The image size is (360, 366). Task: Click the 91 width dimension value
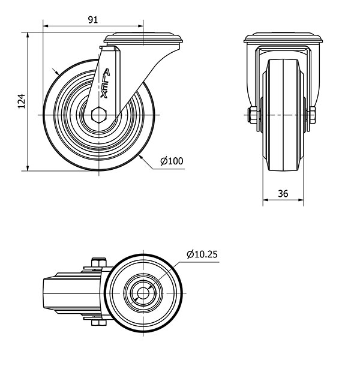(93, 20)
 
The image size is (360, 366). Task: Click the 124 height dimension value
(22, 101)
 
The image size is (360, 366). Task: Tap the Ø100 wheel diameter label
(172, 161)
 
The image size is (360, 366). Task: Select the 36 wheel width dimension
(283, 194)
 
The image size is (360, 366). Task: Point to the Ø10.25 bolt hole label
(202, 254)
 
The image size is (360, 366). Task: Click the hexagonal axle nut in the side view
(99, 115)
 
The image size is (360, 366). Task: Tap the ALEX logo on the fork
(105, 83)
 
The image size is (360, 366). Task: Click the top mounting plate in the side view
(143, 38)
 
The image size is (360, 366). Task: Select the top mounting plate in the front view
(283, 38)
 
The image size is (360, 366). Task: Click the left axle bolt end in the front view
(253, 115)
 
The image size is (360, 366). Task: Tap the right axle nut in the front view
(313, 115)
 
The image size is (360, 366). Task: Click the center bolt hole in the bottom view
(143, 293)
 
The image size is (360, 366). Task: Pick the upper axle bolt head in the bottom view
(99, 262)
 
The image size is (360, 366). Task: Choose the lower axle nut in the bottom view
(99, 323)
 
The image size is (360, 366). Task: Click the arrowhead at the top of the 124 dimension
(28, 35)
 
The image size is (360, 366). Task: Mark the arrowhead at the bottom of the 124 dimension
(28, 168)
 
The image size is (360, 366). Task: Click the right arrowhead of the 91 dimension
(140, 26)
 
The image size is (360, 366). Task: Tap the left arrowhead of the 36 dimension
(266, 200)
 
